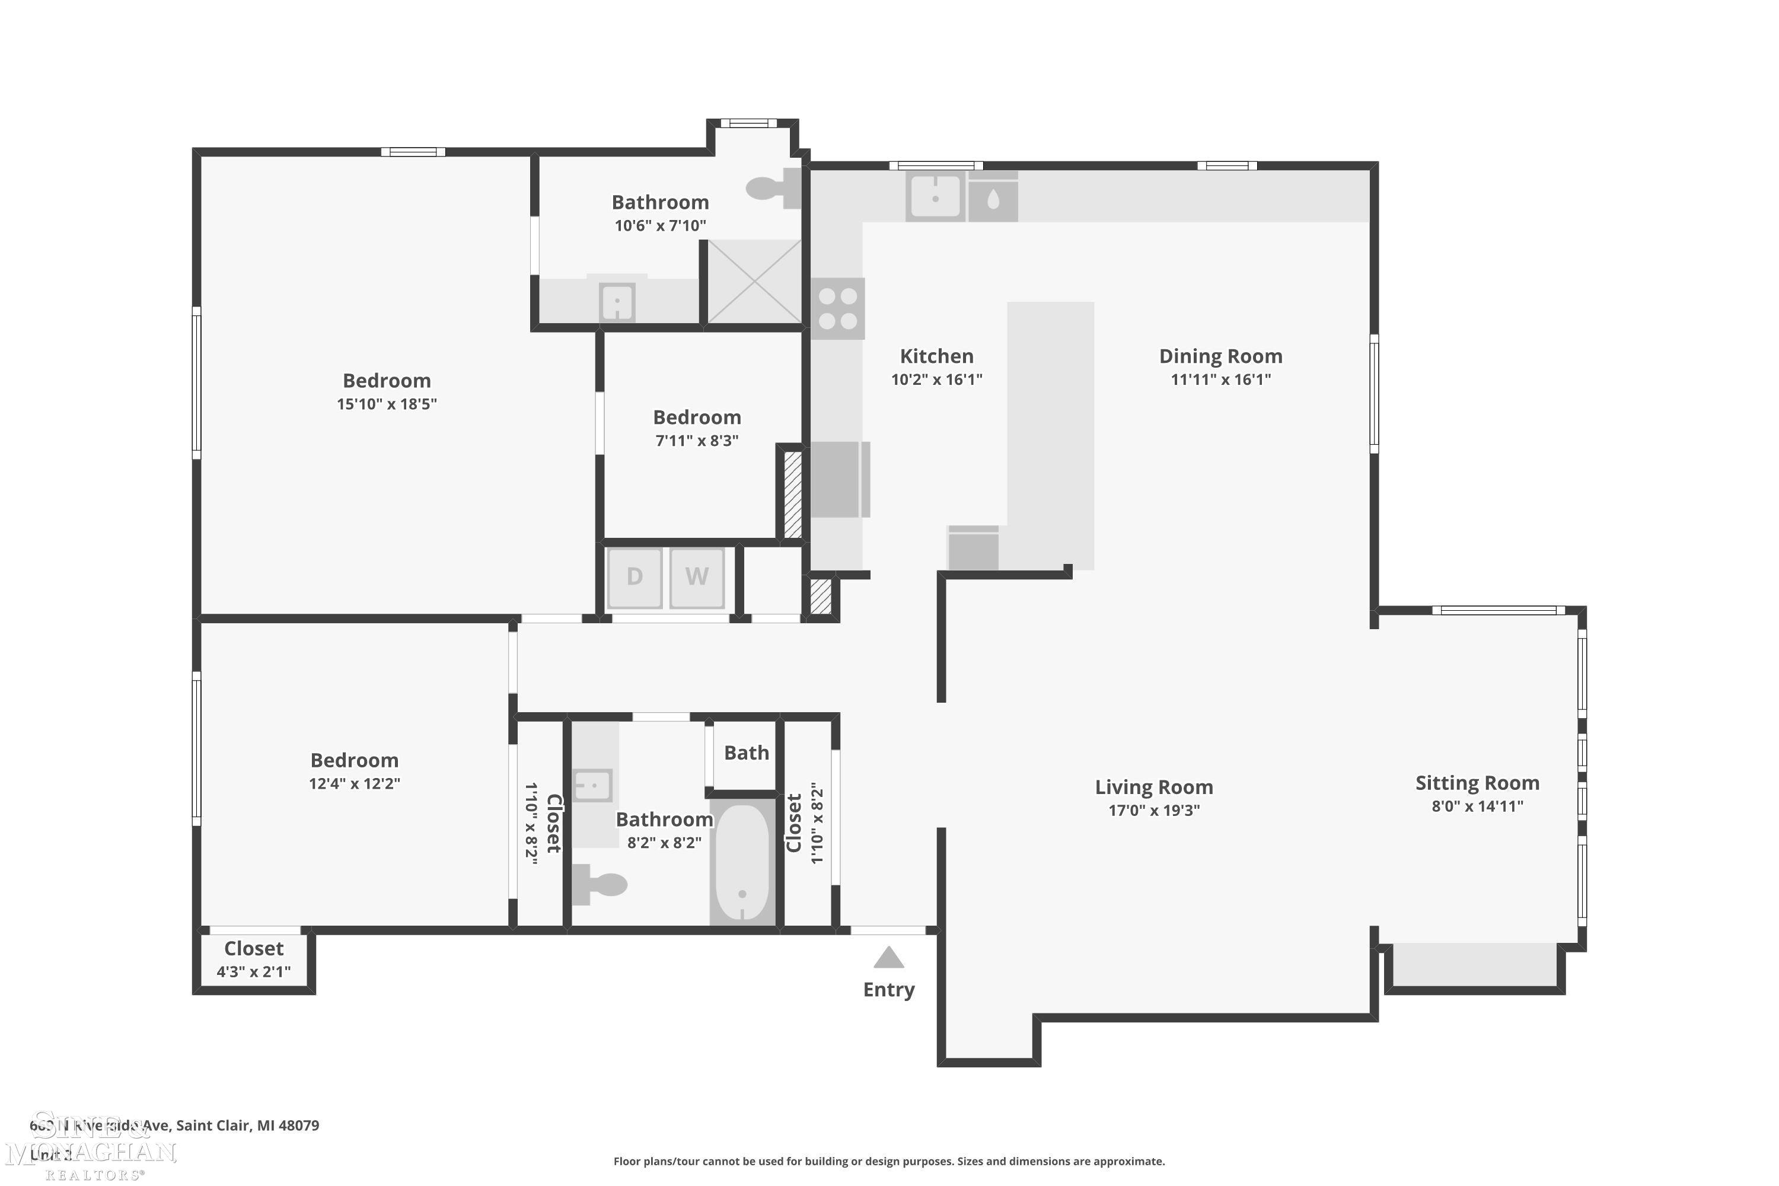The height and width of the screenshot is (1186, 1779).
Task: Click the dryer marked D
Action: [634, 577]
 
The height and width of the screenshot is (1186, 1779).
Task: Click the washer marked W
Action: [697, 577]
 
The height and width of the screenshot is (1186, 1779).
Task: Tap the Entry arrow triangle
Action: [889, 958]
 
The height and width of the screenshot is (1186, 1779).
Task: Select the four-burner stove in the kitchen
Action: [838, 308]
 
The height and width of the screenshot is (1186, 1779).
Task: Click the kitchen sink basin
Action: [936, 197]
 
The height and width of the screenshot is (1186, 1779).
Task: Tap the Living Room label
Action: [1153, 788]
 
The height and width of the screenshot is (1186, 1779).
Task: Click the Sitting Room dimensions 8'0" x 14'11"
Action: [1477, 806]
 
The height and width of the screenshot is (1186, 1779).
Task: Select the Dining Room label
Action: [1220, 356]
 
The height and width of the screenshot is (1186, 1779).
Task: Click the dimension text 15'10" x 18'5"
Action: [387, 404]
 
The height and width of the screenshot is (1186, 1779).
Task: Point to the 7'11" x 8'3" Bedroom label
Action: [697, 417]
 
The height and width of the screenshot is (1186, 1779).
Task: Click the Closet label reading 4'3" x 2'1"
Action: [253, 948]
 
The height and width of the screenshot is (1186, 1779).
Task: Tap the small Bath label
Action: [746, 753]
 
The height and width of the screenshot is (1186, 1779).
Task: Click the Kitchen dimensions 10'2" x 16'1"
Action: [936, 380]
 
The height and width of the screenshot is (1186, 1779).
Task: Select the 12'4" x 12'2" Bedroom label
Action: [354, 760]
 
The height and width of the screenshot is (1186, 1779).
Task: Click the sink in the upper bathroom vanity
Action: [617, 303]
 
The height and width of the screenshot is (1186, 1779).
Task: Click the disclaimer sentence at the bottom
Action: [889, 1161]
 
